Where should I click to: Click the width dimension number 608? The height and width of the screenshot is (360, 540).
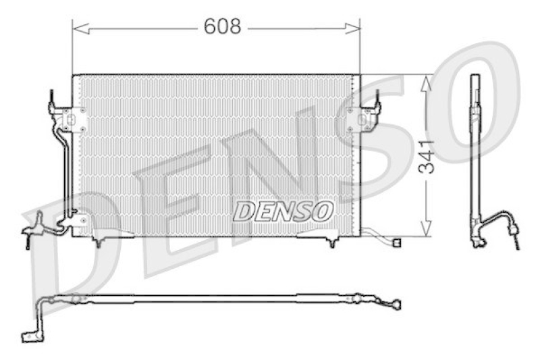[x=222, y=26]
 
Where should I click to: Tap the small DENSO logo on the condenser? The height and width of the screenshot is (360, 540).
[x=283, y=211]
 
